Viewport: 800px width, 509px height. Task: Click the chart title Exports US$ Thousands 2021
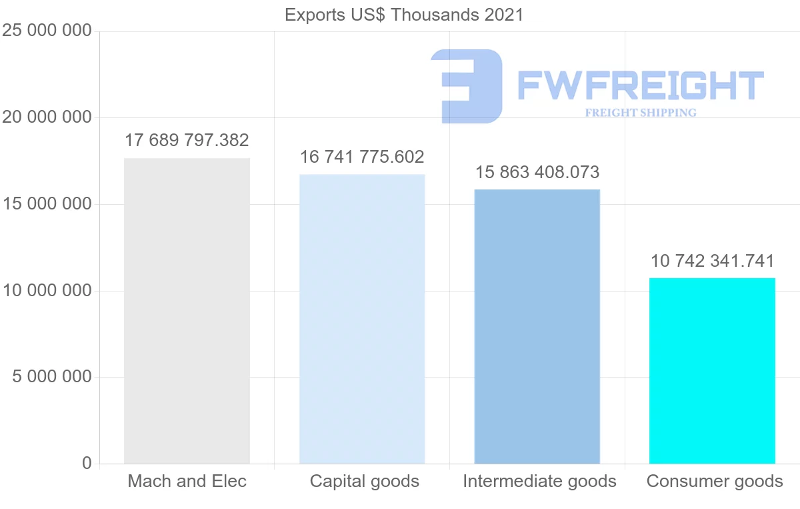[404, 15]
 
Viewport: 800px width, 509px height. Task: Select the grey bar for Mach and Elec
[187, 311]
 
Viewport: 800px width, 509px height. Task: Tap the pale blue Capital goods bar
[362, 319]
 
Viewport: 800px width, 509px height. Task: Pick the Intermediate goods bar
[537, 326]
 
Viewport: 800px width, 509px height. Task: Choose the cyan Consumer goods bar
[712, 370]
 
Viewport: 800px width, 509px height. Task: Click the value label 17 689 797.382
[187, 141]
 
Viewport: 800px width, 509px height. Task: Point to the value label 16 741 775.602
[362, 157]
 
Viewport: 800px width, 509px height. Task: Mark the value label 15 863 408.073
[537, 173]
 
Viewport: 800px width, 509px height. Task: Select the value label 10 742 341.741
[712, 261]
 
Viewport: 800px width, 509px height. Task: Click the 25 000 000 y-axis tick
[46, 31]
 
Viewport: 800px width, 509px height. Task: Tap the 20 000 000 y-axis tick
[46, 118]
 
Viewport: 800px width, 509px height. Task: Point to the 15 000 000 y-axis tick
[46, 204]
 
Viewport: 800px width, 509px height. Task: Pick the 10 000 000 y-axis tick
[46, 291]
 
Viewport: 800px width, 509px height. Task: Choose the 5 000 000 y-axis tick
[51, 377]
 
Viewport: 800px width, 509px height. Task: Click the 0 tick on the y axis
[87, 464]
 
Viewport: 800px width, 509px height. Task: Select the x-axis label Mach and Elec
[187, 482]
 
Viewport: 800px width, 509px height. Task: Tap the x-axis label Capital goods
[365, 482]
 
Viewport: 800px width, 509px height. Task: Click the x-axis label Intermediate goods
[539, 482]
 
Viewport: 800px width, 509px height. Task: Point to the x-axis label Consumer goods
[715, 482]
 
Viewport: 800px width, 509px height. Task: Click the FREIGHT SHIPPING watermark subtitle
[641, 113]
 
